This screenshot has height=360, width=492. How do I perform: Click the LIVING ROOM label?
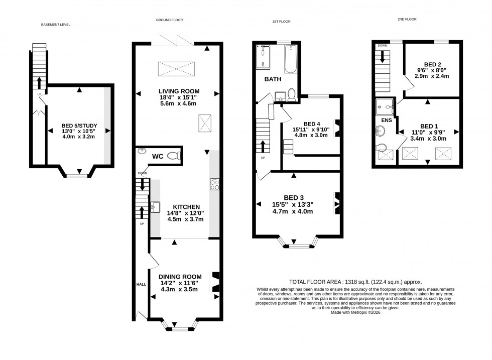pos(175,91)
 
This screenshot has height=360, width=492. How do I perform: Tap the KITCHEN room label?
pos(186,206)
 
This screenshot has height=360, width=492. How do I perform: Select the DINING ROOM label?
pos(180,277)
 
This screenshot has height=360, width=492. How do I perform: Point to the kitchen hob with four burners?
pos(215,184)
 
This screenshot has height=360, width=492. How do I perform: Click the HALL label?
pos(141,284)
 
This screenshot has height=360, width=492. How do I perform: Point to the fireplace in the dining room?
pos(215,281)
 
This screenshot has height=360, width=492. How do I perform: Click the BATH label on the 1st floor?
pos(273,79)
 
